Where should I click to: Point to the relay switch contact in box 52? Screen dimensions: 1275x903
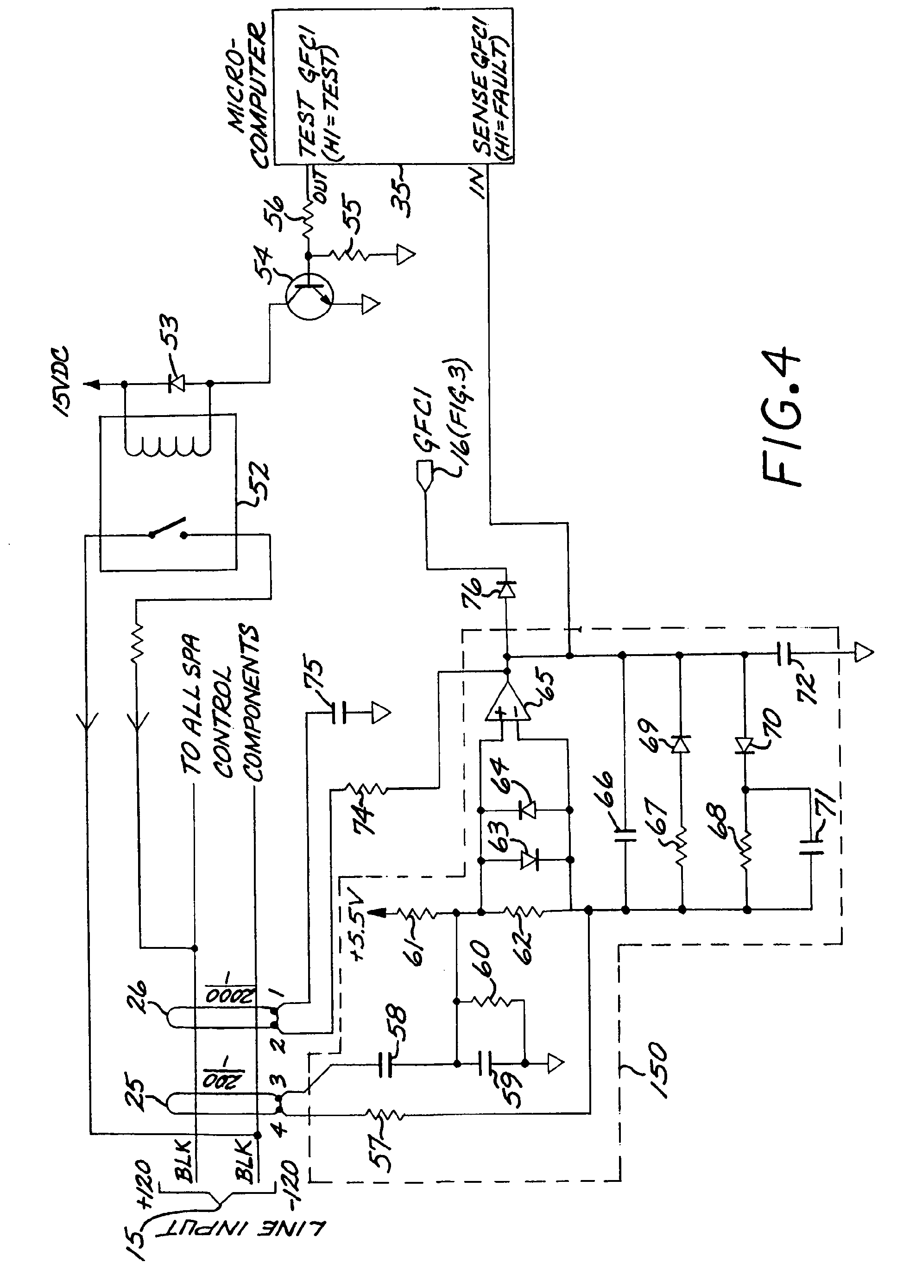click(167, 531)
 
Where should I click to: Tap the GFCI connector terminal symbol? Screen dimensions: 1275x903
click(425, 475)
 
